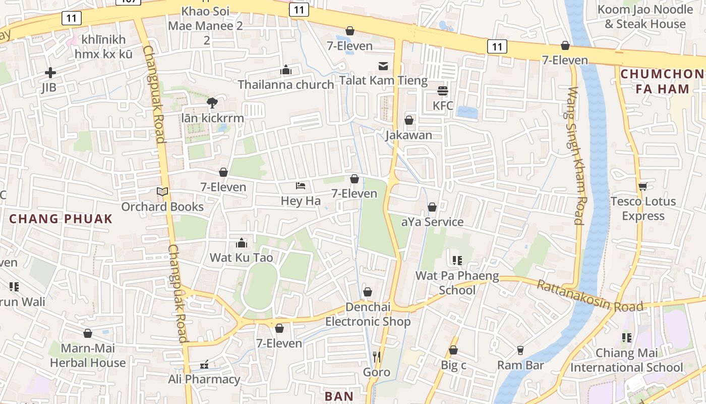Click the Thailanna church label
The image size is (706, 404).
click(286, 84)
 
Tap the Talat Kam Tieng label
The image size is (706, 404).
click(383, 80)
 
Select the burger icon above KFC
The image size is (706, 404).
click(443, 91)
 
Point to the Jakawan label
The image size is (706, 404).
click(409, 135)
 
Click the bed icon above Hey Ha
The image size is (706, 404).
click(301, 186)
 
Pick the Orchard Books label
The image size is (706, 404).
click(162, 207)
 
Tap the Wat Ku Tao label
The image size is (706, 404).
click(241, 258)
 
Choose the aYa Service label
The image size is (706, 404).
click(432, 222)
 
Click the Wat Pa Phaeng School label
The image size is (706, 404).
click(457, 283)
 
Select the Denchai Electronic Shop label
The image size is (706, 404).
click(368, 314)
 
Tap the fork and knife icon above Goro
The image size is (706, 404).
click(377, 357)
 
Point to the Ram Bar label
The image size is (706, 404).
click(520, 365)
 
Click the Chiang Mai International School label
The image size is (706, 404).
click(626, 360)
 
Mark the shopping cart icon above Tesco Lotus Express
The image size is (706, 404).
click(642, 187)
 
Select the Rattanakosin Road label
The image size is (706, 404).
click(590, 296)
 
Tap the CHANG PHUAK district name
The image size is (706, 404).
click(61, 219)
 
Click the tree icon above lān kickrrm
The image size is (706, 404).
click(212, 103)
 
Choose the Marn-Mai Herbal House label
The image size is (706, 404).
click(88, 356)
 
